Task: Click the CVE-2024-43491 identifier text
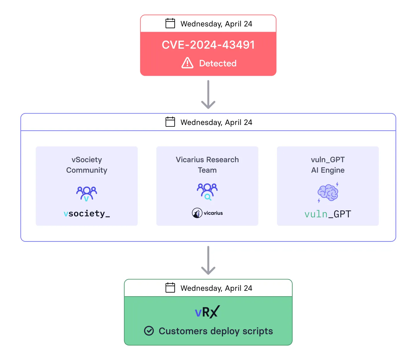coord(208,45)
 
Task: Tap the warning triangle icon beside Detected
coord(187,63)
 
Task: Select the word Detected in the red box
coord(218,63)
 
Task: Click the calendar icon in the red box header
coord(170,23)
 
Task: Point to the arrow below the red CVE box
coord(208,94)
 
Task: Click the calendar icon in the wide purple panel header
coord(170,122)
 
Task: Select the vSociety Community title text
coord(87,165)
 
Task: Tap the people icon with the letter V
coord(86,193)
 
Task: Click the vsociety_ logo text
coord(87,213)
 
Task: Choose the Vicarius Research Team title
coord(207,165)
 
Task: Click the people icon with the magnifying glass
coord(207,192)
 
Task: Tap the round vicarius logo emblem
coord(197,213)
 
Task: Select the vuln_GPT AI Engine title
coord(328,165)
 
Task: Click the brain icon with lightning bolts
coord(328,193)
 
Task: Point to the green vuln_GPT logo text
coord(328,214)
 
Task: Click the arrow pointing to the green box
coord(208,260)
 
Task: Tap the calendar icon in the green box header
coord(170,287)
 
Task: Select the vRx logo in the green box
coord(207,312)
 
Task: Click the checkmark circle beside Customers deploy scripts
coord(149,331)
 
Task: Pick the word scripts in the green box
coord(258,331)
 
